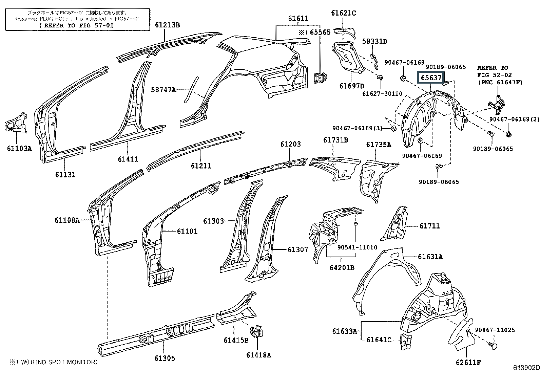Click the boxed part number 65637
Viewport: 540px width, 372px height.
pos(431,78)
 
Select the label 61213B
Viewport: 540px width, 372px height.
pos(168,25)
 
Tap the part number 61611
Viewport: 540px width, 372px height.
pos(298,19)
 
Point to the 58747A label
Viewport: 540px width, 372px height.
pos(163,90)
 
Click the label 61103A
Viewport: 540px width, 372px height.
pos(19,148)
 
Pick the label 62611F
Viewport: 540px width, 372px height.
pos(468,363)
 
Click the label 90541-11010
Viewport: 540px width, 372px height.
pos(357,247)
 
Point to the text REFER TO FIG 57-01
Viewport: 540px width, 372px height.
pos(77,25)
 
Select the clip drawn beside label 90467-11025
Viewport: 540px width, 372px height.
pos(494,345)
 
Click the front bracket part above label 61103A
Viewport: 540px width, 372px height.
pos(16,123)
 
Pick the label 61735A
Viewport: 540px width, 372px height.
pos(379,145)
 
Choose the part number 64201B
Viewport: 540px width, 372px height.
pos(342,267)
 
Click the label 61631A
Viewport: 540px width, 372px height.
pos(430,257)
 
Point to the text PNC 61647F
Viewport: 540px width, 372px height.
pos(500,82)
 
